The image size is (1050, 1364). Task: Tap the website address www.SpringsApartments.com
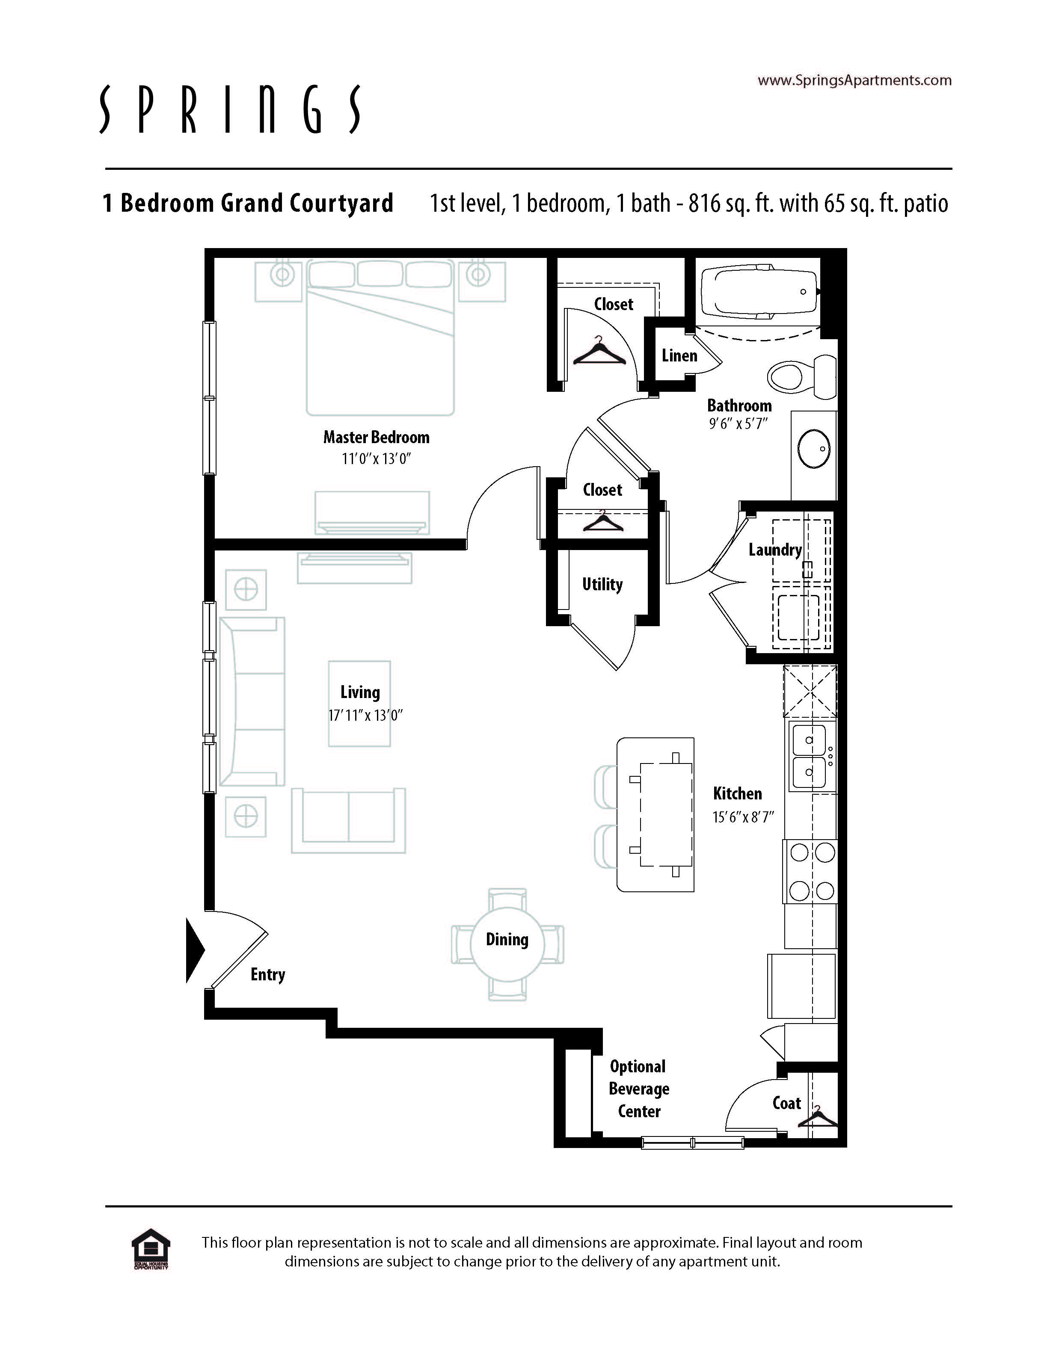tap(854, 80)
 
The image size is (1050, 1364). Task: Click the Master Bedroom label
tap(376, 437)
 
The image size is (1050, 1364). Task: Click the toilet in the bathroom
tap(802, 376)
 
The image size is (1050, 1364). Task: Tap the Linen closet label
tap(679, 355)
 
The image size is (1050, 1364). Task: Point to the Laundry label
tap(775, 550)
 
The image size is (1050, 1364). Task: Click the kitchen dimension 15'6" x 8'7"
tap(743, 817)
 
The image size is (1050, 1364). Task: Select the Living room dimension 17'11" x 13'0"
tap(365, 715)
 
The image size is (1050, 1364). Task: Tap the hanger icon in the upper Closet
tap(599, 351)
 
